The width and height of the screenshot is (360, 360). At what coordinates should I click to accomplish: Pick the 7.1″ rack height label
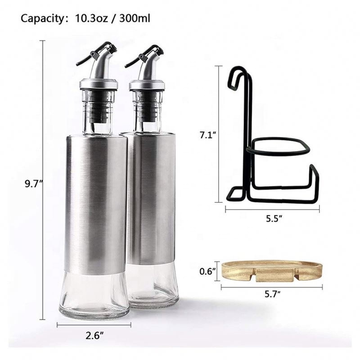coord(209,135)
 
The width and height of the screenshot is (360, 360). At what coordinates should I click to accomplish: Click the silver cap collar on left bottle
coord(99,84)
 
